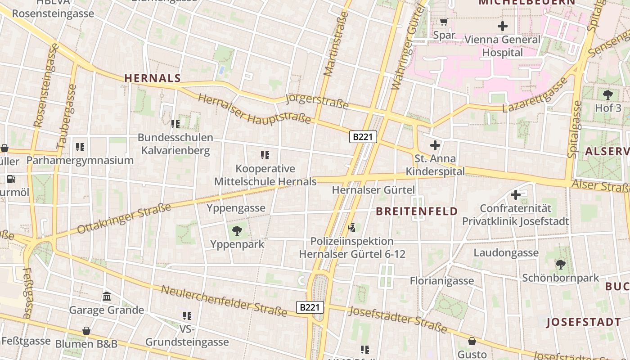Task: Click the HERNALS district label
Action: click(x=153, y=78)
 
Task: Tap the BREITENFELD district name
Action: click(x=417, y=211)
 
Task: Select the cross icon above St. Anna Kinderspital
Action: click(x=435, y=145)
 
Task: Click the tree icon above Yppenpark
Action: click(x=237, y=231)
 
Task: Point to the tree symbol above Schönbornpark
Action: click(x=560, y=265)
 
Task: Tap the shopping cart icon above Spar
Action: click(x=444, y=22)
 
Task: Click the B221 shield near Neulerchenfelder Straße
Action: click(x=310, y=307)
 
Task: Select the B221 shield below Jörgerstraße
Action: click(x=363, y=137)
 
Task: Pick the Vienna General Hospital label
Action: click(x=502, y=46)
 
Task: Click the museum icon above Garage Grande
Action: click(x=107, y=297)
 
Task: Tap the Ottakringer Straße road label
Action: click(x=124, y=218)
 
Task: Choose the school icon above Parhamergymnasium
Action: click(x=80, y=147)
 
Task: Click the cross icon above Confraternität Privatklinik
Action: click(x=516, y=195)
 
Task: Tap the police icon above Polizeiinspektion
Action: click(x=352, y=228)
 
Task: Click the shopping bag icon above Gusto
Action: click(x=472, y=341)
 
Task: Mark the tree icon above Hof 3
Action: click(x=608, y=94)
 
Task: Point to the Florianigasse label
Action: click(x=442, y=281)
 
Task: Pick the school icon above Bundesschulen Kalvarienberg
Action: click(x=175, y=124)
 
